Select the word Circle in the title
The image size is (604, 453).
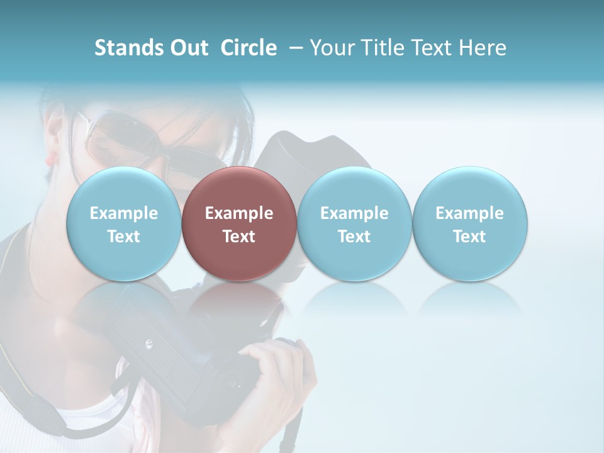coord(249,48)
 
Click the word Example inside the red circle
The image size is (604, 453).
coord(239,213)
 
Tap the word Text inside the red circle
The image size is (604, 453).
coord(239,237)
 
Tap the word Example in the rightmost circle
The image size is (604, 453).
coord(470,213)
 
